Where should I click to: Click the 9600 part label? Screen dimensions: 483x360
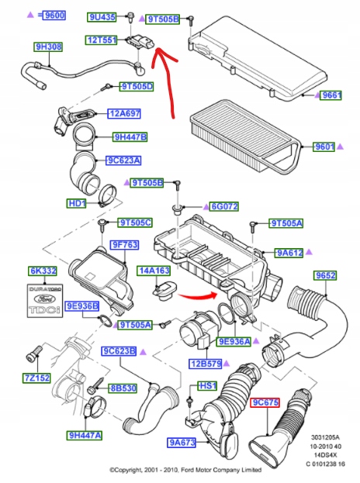[54, 15]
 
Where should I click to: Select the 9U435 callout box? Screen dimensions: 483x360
[102, 16]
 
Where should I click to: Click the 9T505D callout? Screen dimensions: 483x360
[137, 86]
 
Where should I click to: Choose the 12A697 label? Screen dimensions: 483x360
[123, 113]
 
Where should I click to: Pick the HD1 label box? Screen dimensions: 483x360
[77, 203]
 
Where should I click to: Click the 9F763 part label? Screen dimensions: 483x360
[124, 244]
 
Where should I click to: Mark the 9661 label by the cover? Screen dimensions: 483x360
[332, 95]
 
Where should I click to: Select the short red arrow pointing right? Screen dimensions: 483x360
[197, 294]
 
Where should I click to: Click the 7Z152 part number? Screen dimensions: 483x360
[36, 378]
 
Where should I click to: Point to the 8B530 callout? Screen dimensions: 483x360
[122, 388]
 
